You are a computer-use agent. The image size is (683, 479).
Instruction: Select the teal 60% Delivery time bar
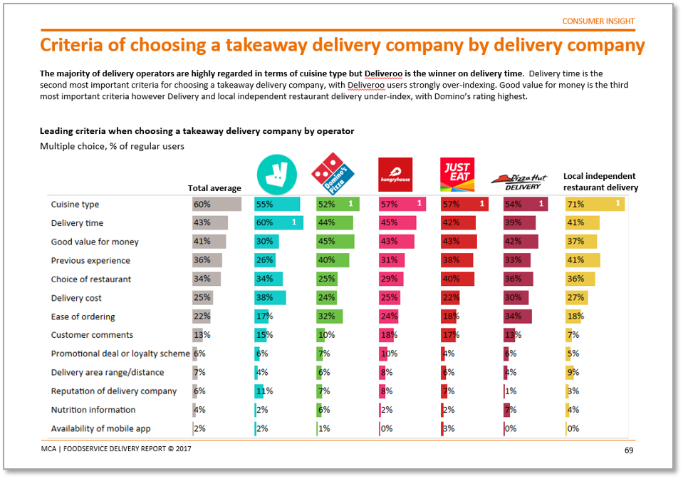(x=278, y=223)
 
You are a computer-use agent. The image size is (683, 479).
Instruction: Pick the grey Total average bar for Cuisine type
(x=208, y=205)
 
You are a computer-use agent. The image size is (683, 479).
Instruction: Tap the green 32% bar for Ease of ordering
(x=330, y=316)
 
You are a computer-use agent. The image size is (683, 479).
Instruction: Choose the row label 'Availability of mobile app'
(x=100, y=428)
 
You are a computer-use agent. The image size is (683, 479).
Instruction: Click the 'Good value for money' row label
(x=95, y=242)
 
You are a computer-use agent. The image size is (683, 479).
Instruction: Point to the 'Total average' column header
(x=214, y=188)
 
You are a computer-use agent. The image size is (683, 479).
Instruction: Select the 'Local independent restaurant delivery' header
(x=600, y=182)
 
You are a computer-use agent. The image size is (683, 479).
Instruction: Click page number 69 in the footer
(x=629, y=450)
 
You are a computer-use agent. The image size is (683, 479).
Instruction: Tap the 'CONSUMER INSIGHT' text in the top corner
(x=598, y=21)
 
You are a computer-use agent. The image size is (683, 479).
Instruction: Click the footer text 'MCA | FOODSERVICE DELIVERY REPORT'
(x=115, y=449)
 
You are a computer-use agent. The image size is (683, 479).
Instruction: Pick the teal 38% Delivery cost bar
(x=270, y=298)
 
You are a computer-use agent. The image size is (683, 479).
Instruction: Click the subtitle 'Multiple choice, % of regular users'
(x=112, y=146)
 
